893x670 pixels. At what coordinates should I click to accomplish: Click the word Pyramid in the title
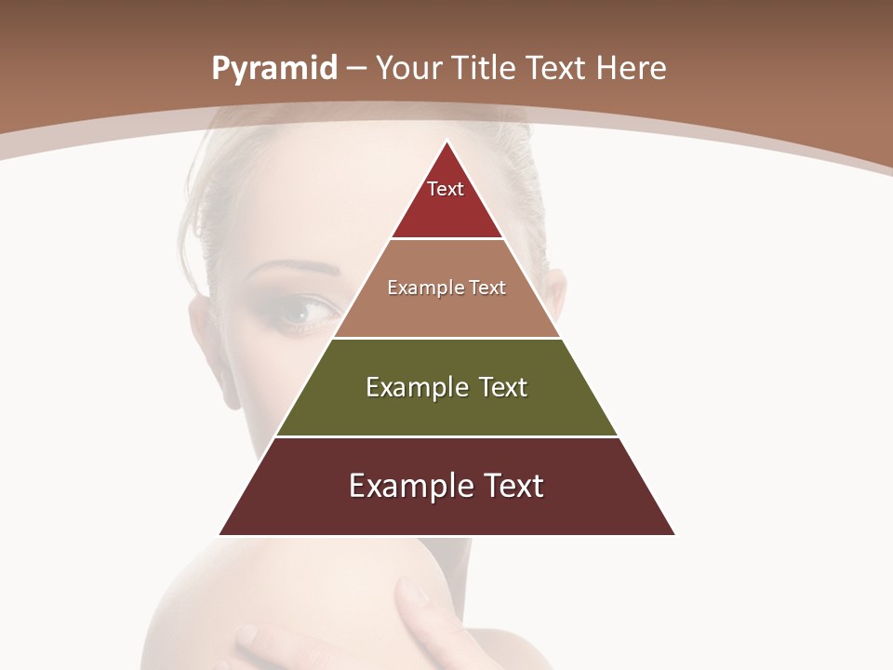coord(274,69)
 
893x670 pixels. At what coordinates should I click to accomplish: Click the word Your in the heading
coord(409,69)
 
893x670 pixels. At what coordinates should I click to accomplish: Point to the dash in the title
coord(356,69)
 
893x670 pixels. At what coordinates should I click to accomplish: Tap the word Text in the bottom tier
coord(510,486)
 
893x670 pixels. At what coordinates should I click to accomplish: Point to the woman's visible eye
coord(302,314)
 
